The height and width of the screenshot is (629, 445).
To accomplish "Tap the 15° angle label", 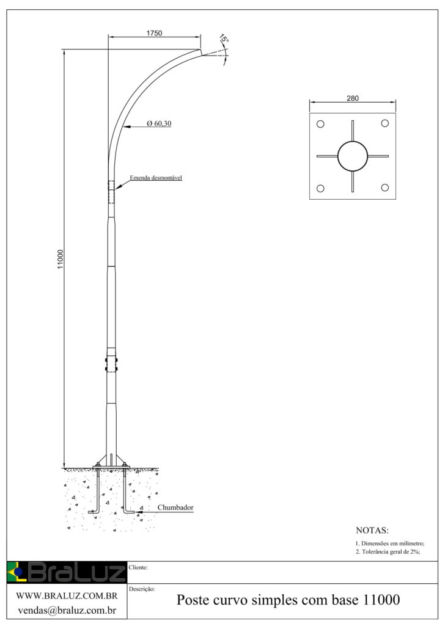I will tap(224, 40).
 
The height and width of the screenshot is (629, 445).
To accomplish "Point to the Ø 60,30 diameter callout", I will tap(158, 124).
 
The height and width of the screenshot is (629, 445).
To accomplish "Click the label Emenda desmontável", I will tap(156, 178).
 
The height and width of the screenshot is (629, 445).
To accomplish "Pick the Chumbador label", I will tap(176, 507).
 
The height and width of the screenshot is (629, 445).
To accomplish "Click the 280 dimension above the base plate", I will tap(352, 98).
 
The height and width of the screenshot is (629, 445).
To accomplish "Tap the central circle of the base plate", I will tap(352, 156).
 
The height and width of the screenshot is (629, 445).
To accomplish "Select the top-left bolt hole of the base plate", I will tap(320, 124).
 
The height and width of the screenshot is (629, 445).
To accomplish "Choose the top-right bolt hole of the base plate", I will tap(384, 124).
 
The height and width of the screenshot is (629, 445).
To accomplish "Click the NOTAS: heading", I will tap(372, 531).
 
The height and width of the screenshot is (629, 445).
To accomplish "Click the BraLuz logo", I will tap(66, 572).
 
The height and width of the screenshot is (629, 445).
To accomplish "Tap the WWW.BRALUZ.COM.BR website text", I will tap(66, 596).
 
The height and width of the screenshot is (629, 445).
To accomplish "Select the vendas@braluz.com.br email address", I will tap(66, 610).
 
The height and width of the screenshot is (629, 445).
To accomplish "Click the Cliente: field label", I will tap(139, 568).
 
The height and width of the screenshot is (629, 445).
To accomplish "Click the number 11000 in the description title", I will tap(382, 600).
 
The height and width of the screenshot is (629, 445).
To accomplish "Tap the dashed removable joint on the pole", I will tap(111, 192).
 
